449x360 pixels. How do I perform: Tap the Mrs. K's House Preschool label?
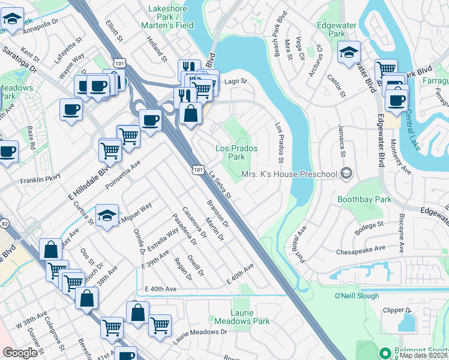click(290, 174)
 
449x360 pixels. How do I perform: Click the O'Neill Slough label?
click(357, 295)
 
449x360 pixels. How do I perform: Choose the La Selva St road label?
click(220, 184)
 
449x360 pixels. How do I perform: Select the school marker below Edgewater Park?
click(349, 52)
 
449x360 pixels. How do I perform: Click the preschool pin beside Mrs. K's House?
click(345, 174)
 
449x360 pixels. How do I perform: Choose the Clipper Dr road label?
click(398, 310)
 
